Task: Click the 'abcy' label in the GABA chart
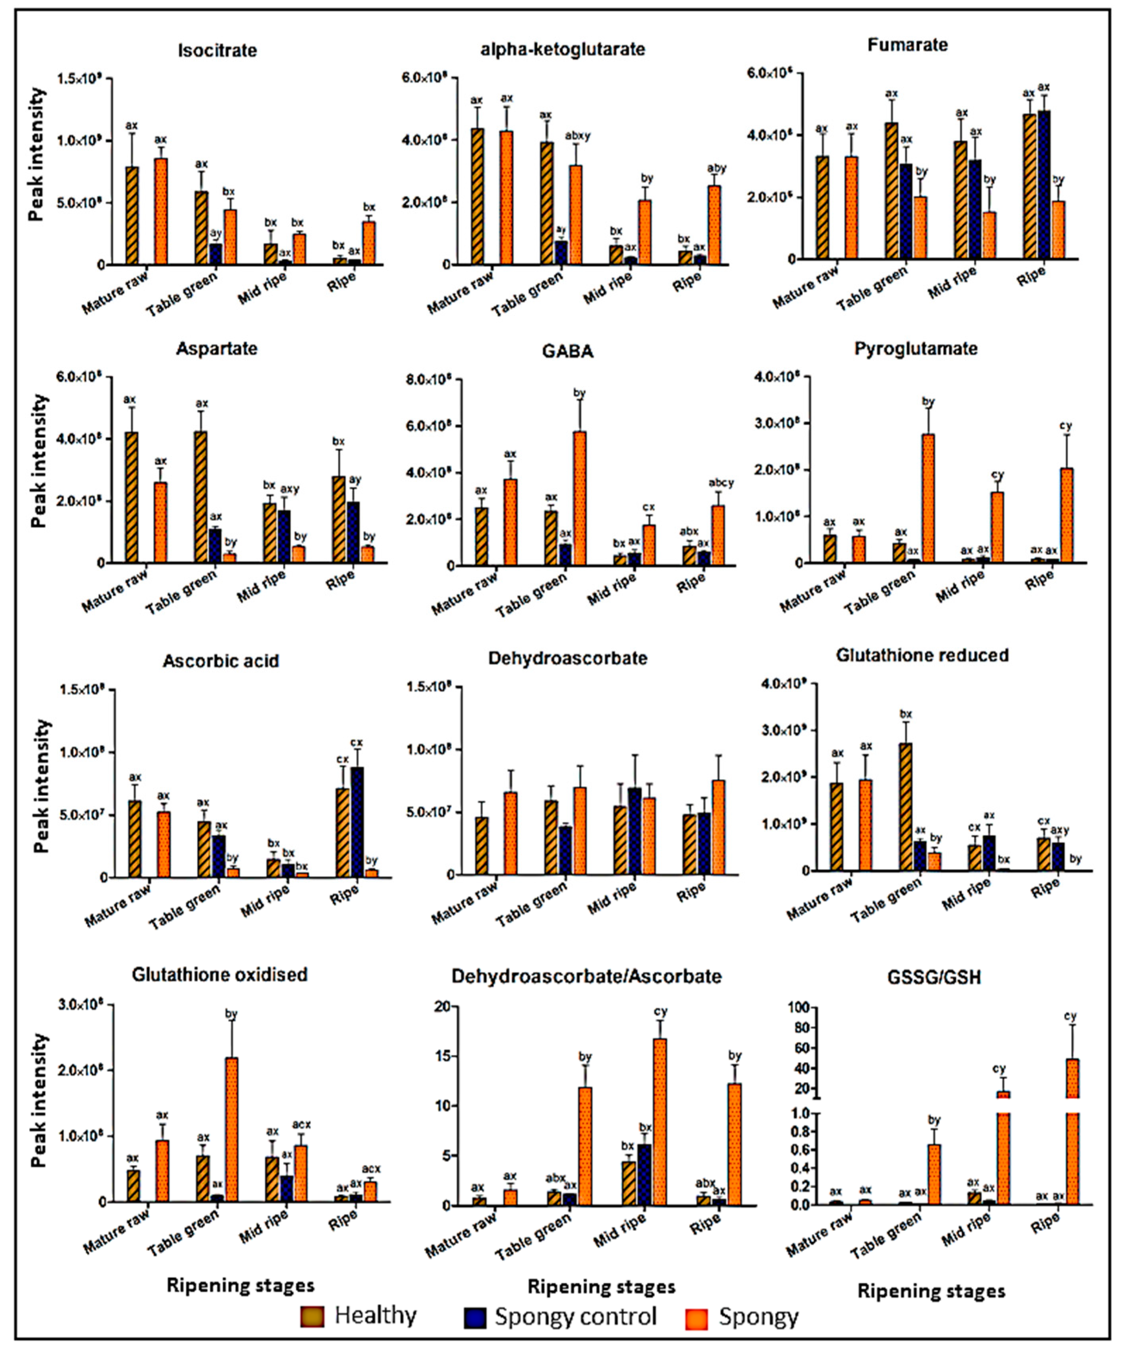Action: tap(721, 483)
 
